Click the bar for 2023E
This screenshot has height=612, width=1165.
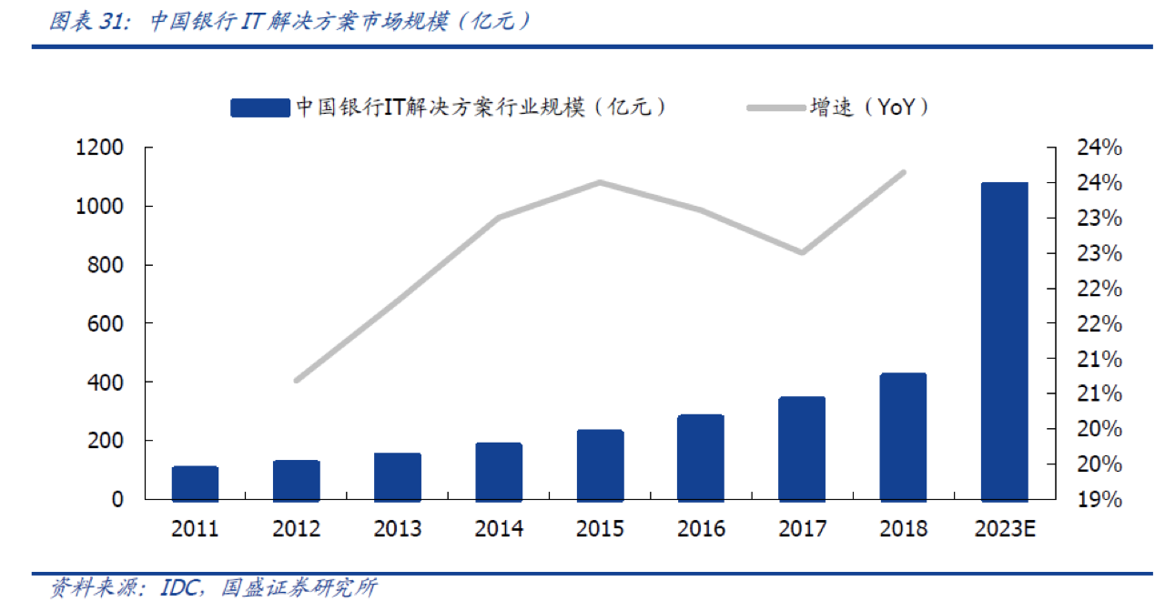click(1004, 341)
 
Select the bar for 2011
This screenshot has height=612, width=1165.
click(195, 483)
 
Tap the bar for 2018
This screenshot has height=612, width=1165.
click(903, 436)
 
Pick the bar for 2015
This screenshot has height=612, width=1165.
click(600, 464)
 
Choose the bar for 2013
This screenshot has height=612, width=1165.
click(398, 476)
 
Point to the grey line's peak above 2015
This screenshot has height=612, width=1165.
click(601, 182)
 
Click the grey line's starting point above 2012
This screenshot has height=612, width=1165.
click(297, 380)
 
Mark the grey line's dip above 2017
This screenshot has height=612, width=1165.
click(802, 252)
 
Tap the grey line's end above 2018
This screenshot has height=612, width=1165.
click(903, 172)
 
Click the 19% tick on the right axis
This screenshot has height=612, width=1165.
click(1099, 499)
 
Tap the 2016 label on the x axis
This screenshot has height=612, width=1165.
click(701, 529)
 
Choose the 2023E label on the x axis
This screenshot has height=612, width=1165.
click(1004, 529)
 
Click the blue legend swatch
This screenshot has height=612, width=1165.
click(259, 108)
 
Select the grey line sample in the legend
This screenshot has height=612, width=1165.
click(774, 108)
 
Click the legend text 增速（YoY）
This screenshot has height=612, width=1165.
click(870, 107)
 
